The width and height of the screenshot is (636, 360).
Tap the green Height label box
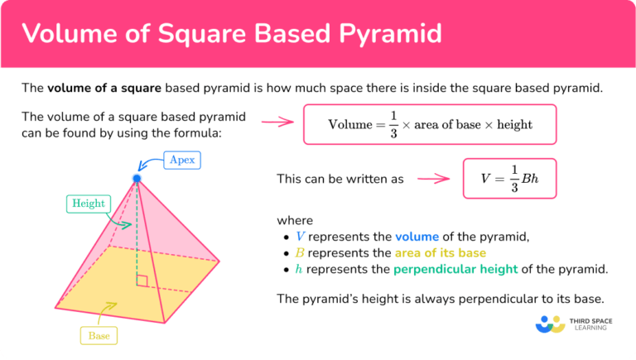tap(89, 203)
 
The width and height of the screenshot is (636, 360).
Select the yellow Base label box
tap(99, 336)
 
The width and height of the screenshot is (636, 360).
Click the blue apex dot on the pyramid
tap(137, 178)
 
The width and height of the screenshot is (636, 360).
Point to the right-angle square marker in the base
tap(142, 281)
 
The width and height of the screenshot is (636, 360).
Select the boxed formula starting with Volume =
tap(430, 125)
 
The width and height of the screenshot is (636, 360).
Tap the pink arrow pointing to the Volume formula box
tap(278, 122)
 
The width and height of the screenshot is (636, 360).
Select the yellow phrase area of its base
tap(441, 253)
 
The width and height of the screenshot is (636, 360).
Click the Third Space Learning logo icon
tap(550, 324)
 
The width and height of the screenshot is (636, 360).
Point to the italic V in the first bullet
tap(300, 237)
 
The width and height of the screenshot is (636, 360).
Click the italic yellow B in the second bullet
tap(300, 253)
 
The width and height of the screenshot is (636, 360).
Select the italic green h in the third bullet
tap(299, 270)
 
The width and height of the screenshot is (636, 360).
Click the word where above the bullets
tap(295, 220)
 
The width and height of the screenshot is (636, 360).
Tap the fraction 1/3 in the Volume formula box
tap(394, 125)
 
